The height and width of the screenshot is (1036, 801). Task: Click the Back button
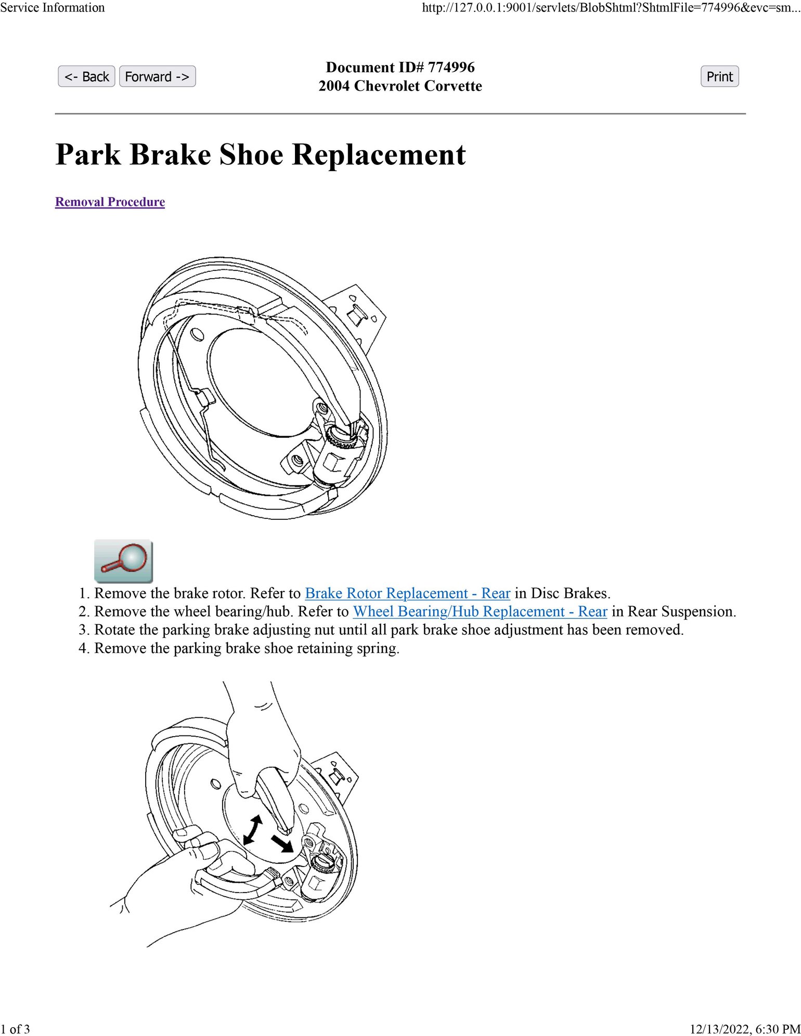pos(86,76)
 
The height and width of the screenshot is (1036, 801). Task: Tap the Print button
pos(719,76)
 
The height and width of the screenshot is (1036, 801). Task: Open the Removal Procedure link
pos(110,202)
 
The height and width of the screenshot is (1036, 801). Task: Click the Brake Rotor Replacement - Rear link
pos(407,593)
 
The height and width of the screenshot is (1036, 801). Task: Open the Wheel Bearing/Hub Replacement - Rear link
pos(480,611)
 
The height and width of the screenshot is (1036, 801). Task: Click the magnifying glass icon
pos(123,561)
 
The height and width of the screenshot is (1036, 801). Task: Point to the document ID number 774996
pos(451,67)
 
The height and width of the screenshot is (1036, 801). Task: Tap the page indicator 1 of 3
pos(15,1029)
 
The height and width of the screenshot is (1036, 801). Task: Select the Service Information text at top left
pos(53,7)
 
